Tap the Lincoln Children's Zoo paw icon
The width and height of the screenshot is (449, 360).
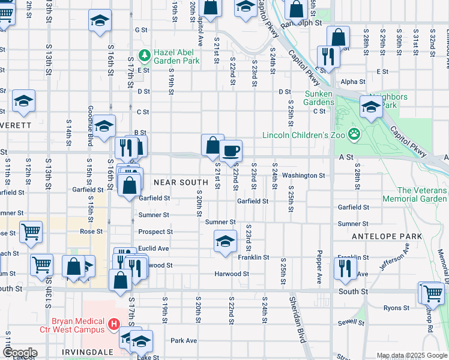354,134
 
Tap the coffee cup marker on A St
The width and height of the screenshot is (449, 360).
231,151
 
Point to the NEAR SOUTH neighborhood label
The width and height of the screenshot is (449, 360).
181,182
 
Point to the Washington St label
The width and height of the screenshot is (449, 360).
304,176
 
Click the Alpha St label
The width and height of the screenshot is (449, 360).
353,82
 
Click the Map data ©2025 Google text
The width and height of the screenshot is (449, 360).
411,355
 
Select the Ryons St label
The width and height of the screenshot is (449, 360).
396,308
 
